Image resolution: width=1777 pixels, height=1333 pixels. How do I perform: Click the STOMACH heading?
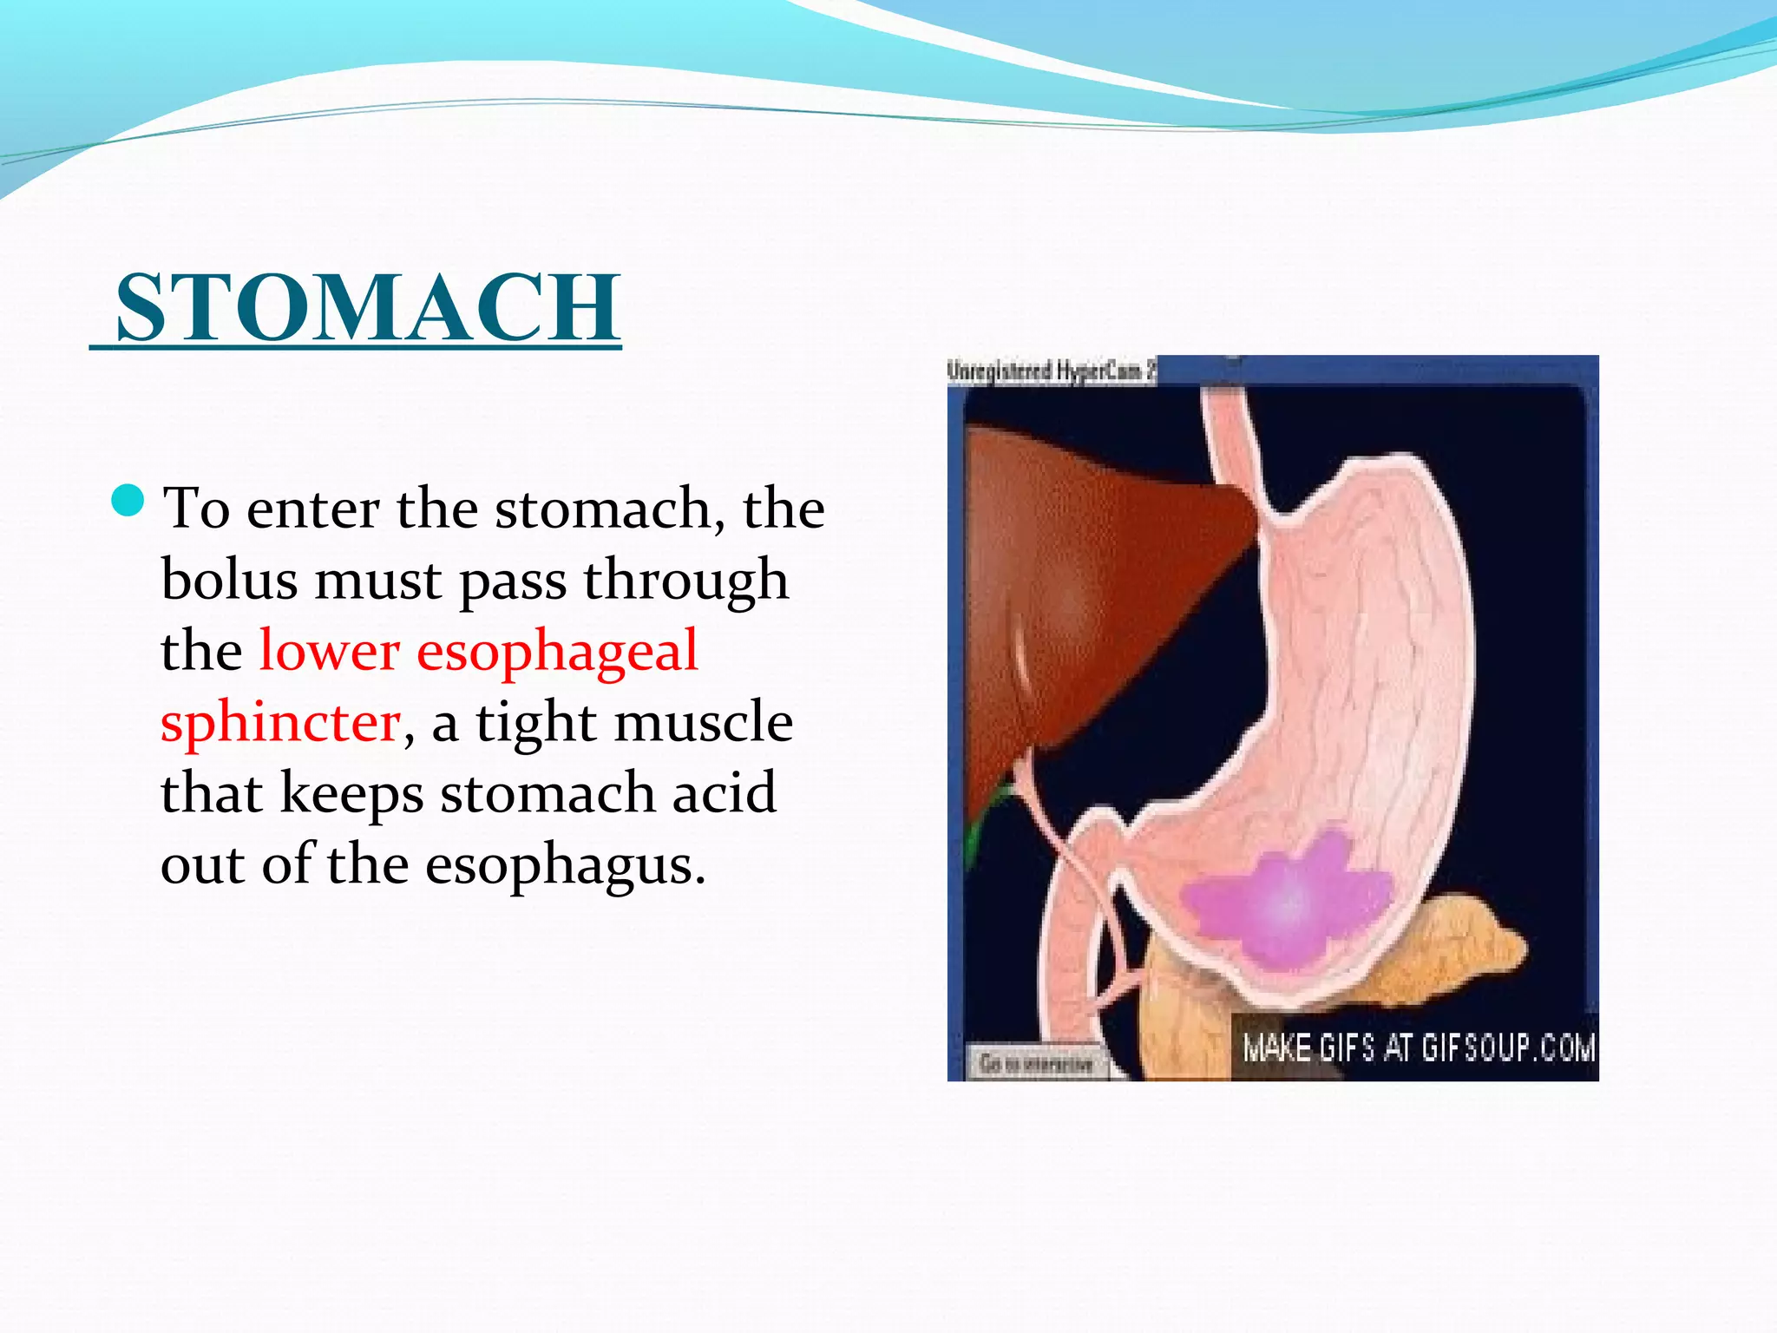tap(368, 307)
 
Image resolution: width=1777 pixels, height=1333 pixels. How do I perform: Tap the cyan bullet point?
tap(128, 501)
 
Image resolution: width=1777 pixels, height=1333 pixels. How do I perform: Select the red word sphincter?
tap(280, 723)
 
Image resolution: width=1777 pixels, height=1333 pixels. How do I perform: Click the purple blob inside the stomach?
tap(1284, 903)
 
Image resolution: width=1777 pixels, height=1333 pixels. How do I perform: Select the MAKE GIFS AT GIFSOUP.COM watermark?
tap(1418, 1048)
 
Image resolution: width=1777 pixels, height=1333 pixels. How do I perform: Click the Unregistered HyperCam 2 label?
tap(1051, 371)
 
